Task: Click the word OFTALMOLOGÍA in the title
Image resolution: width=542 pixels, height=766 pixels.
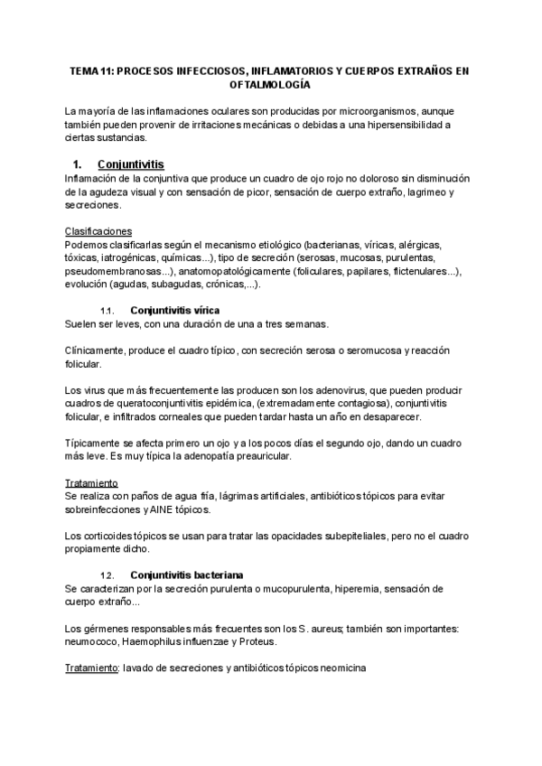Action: click(270, 84)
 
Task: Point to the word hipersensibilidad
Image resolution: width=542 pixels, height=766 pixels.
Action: click(406, 124)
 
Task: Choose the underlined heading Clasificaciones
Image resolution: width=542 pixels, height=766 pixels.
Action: click(98, 231)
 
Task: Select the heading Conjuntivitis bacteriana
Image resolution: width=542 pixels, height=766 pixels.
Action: click(188, 575)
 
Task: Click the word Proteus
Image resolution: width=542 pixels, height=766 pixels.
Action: click(260, 641)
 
